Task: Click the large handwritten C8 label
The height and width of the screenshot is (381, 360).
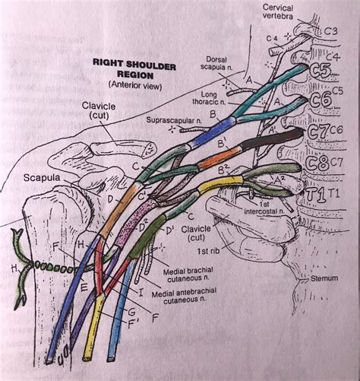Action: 317,164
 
